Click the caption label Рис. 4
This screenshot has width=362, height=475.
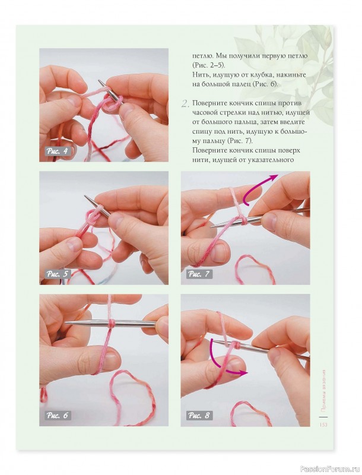[x=57, y=151]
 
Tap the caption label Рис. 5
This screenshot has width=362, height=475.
[x=57, y=274]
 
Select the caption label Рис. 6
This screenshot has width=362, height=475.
[x=57, y=415]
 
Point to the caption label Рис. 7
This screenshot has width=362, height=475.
[x=199, y=274]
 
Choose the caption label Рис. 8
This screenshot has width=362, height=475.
[x=199, y=415]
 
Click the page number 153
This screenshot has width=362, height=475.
[x=323, y=425]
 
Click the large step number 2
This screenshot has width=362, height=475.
[x=185, y=104]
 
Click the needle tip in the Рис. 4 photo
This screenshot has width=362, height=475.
[x=99, y=81]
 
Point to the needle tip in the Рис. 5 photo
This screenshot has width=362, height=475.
[x=85, y=197]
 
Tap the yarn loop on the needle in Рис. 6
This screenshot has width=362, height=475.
[x=112, y=323]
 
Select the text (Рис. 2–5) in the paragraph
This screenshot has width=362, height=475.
[x=208, y=65]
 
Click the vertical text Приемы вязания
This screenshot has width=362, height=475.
[x=323, y=390]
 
